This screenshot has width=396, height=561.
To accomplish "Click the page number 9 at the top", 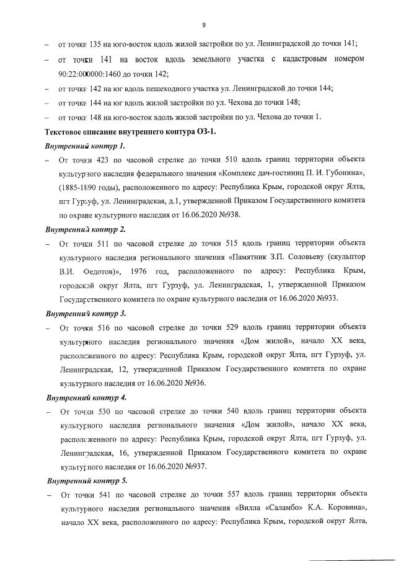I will coord(203,25).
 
